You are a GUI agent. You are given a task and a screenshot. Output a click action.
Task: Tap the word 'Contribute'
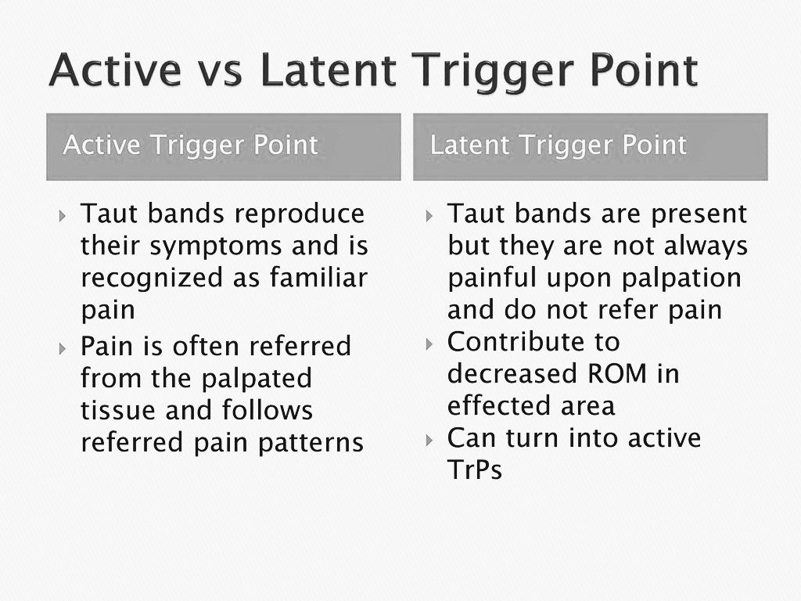pyautogui.click(x=533, y=342)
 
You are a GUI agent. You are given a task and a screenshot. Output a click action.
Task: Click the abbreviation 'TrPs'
pyautogui.click(x=474, y=470)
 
